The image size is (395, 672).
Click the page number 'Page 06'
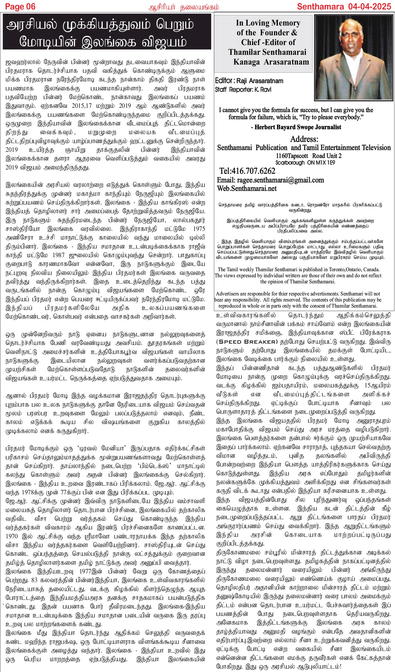(20, 6)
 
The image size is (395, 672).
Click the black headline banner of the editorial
(107, 32)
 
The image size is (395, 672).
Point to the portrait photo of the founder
(353, 57)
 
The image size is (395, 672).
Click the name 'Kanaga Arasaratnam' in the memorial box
(271, 62)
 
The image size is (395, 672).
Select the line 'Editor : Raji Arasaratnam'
(249, 81)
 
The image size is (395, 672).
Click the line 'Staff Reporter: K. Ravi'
(243, 90)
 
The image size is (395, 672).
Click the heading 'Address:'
(304, 139)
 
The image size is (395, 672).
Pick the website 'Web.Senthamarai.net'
(246, 188)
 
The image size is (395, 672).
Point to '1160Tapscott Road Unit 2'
(308, 156)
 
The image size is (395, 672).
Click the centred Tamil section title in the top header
(184, 7)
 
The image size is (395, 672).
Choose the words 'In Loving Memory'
(268, 23)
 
